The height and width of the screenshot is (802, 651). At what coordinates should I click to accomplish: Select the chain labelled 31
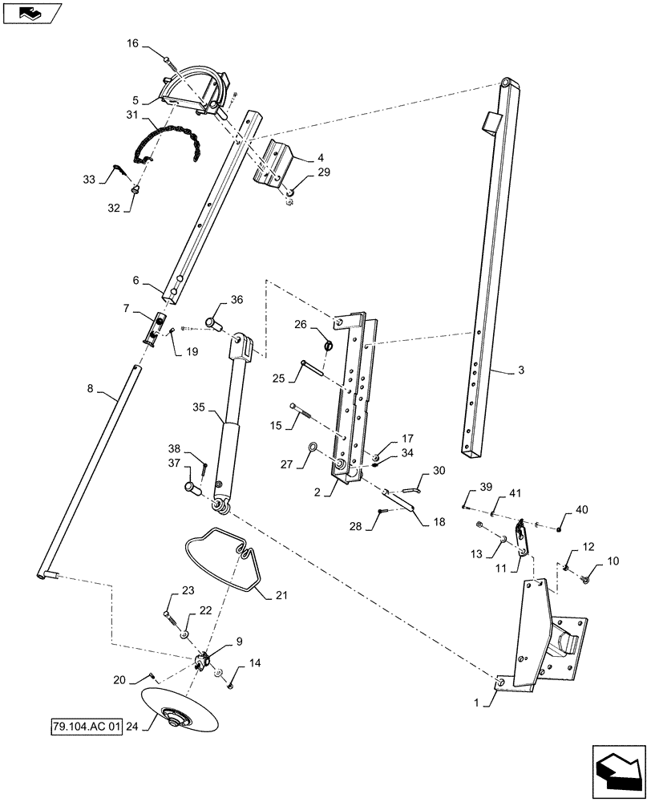point(168,141)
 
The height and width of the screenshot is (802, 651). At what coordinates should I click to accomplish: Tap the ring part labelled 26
point(328,345)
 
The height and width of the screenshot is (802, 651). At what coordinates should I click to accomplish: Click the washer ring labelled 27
point(313,448)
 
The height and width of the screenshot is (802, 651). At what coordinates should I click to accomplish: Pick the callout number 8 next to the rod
point(90,389)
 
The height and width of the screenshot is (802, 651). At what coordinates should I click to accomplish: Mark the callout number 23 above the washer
point(188,591)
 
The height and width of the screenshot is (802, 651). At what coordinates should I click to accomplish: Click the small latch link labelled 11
point(522,533)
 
